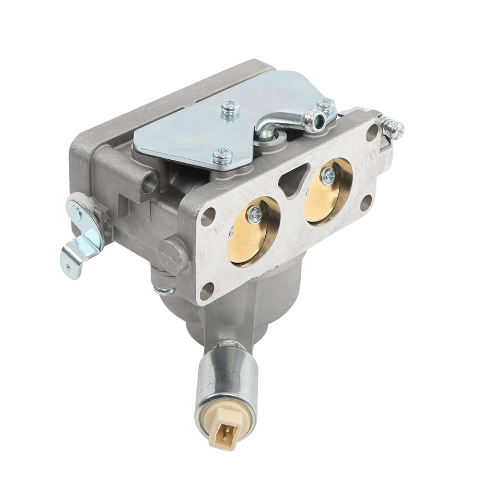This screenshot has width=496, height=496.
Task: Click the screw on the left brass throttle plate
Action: pyautogui.click(x=255, y=214)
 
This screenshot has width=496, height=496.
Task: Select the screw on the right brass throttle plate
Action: pyautogui.click(x=328, y=176)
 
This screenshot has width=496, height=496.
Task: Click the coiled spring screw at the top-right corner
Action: pyautogui.click(x=393, y=128)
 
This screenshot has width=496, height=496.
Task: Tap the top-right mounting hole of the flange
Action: pyautogui.click(x=372, y=131)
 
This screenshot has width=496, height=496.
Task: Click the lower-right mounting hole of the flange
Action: pyautogui.click(x=366, y=202)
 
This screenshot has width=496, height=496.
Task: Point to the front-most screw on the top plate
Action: pyautogui.click(x=222, y=155)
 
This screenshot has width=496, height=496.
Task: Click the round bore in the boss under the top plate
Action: pyautogui.click(x=150, y=183)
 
